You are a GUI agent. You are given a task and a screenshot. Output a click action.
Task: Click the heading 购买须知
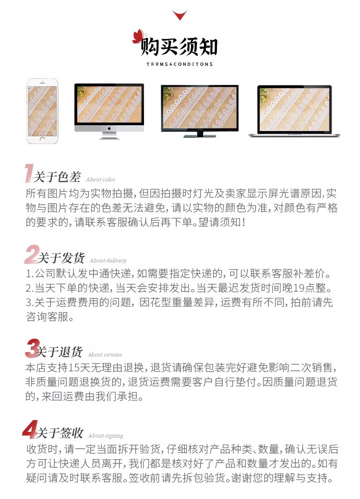click(x=179, y=48)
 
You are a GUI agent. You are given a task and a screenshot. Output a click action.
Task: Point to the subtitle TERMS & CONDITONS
click(x=180, y=64)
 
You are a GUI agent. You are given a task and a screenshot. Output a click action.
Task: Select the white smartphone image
click(x=42, y=111)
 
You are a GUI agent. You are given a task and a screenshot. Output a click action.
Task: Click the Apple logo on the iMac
click(x=109, y=128)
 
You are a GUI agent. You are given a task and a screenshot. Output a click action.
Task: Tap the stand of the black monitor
click(x=200, y=135)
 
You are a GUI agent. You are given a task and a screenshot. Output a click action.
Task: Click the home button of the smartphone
click(x=42, y=140)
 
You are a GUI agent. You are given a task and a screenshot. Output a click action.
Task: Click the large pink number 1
click(x=29, y=173)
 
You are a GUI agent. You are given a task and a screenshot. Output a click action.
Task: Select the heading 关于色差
click(x=57, y=177)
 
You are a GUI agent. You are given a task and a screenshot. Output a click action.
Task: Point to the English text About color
click(x=101, y=179)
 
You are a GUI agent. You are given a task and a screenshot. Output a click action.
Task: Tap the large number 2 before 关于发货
click(x=32, y=254)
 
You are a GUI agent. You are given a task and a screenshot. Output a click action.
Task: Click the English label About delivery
click(x=108, y=261)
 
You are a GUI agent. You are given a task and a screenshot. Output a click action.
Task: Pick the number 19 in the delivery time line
click(x=299, y=288)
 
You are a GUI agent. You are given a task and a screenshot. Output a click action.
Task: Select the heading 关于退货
click(x=60, y=352)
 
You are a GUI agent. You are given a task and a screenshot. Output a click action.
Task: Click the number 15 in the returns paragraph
click(x=74, y=368)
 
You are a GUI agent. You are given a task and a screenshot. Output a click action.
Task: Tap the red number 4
click(x=30, y=429)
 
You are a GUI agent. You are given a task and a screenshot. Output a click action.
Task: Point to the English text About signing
click(x=106, y=436)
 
